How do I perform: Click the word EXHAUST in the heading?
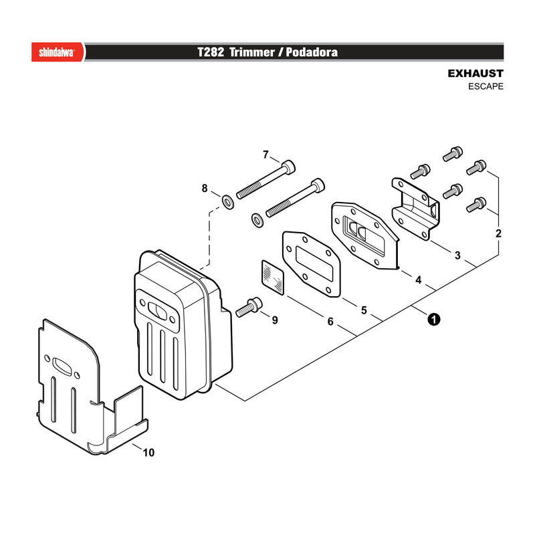pos(475,74)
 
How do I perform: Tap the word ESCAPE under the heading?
pos(486,86)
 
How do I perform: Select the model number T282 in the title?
pos(211,52)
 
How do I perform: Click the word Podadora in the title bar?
pos(312,52)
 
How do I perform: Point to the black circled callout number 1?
pos(433,320)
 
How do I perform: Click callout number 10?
pos(148,453)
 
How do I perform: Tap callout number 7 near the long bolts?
pos(265,155)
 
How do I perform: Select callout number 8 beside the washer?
pos(205,188)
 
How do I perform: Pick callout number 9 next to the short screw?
pos(275,320)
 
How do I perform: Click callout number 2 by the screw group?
pos(498,233)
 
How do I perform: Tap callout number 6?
pos(330,322)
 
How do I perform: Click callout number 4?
pos(419,280)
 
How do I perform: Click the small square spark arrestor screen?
pos(273,278)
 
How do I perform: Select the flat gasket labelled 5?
pos(311,263)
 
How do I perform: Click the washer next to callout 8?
pos(228,202)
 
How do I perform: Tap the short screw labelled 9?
pos(249,308)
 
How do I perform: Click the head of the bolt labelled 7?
pos(289,166)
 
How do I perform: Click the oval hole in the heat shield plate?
pos(64,366)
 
